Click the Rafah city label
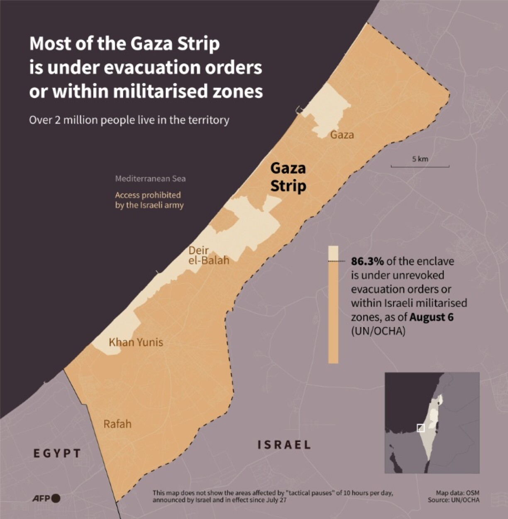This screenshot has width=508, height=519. (117, 424)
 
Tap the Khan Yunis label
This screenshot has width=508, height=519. (136, 342)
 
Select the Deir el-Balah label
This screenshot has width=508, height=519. (208, 255)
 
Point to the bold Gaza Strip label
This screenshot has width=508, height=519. (288, 177)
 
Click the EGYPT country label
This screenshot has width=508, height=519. (57, 453)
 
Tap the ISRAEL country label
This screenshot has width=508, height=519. (284, 445)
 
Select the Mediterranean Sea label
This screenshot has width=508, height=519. (150, 179)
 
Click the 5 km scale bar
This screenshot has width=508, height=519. (420, 166)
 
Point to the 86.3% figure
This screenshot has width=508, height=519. (367, 261)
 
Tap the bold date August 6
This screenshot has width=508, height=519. (431, 317)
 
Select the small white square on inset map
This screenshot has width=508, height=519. (420, 428)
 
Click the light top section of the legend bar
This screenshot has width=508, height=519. (333, 253)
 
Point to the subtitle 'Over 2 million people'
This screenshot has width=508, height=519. (129, 120)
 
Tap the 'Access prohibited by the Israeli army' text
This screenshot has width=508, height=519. (149, 200)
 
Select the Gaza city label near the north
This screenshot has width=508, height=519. (342, 135)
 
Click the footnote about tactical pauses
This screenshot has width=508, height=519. (273, 496)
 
